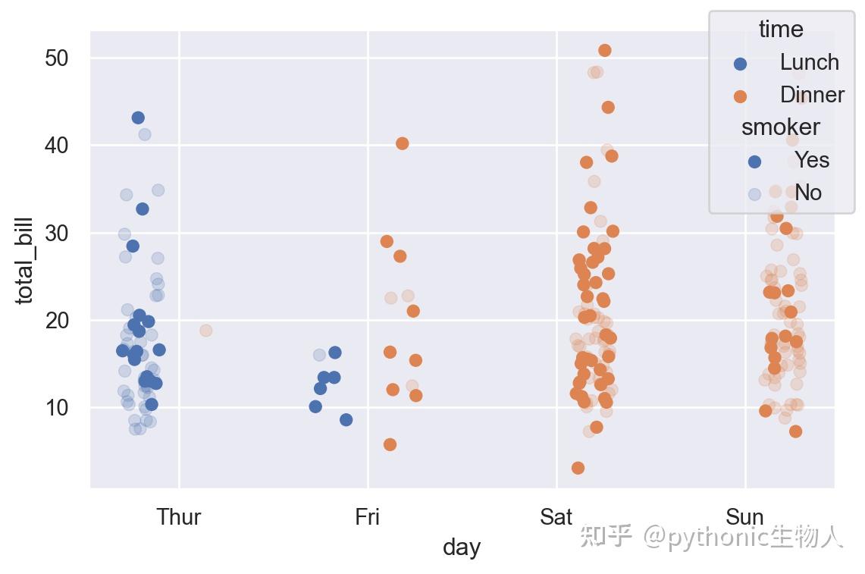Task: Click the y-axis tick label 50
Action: [x=57, y=58]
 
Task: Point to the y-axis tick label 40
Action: [x=57, y=146]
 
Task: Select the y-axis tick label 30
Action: [x=57, y=233]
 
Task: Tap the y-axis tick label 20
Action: [x=57, y=320]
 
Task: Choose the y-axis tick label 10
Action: [x=57, y=408]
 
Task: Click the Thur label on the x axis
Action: [x=179, y=517]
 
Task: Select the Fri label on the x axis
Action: [x=368, y=517]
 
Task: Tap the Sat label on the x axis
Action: [x=556, y=517]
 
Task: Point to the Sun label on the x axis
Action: [x=745, y=517]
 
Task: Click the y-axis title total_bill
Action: [x=25, y=260]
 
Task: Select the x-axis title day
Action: [x=462, y=547]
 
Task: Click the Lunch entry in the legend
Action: [x=809, y=62]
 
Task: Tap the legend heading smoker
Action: [x=781, y=127]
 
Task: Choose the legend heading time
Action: [x=781, y=30]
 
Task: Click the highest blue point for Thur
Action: [x=138, y=118]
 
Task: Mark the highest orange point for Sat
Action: [x=605, y=51]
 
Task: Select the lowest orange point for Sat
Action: [x=578, y=468]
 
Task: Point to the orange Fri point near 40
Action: [x=403, y=143]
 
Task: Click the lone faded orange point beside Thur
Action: [x=205, y=331]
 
